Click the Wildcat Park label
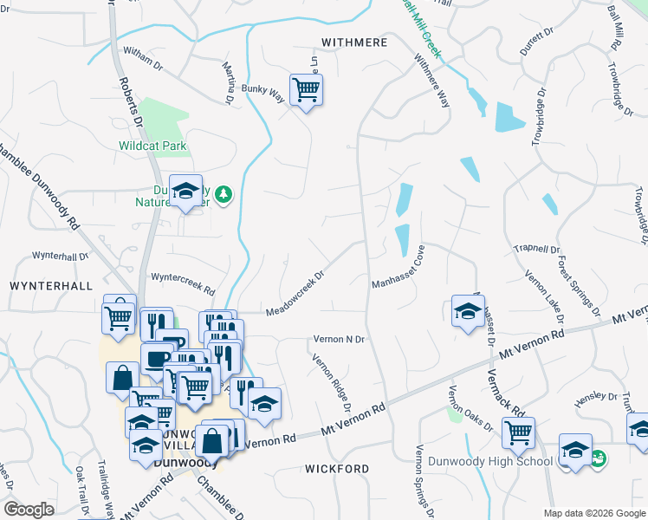[x=153, y=146]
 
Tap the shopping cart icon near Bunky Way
[x=306, y=89]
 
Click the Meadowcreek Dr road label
[x=295, y=295]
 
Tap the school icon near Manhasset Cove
[x=467, y=312]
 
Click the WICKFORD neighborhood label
[x=337, y=469]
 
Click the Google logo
[x=29, y=510]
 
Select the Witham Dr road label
[x=144, y=59]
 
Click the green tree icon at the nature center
[x=224, y=193]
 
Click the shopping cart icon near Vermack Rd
[x=518, y=432]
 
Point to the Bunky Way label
[x=263, y=93]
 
